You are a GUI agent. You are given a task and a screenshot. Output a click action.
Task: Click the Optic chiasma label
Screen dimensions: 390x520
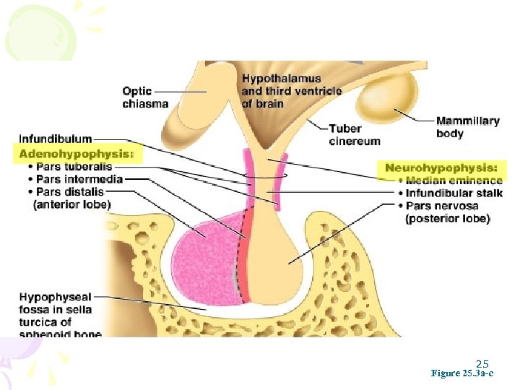(144, 97)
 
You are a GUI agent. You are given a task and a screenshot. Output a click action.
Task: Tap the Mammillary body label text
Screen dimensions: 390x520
(467, 127)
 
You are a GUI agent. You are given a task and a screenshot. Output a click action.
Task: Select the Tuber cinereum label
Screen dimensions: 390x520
(354, 135)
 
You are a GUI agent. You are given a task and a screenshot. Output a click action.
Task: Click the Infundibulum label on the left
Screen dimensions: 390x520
(55, 139)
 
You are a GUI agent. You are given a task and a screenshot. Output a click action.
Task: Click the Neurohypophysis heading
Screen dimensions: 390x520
(441, 168)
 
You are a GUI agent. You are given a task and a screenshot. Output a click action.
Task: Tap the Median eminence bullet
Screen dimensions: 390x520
(453, 181)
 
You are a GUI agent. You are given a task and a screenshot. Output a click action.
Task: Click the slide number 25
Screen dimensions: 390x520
(482, 364)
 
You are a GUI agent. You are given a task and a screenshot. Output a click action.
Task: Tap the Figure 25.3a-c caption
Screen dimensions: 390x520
(462, 374)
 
